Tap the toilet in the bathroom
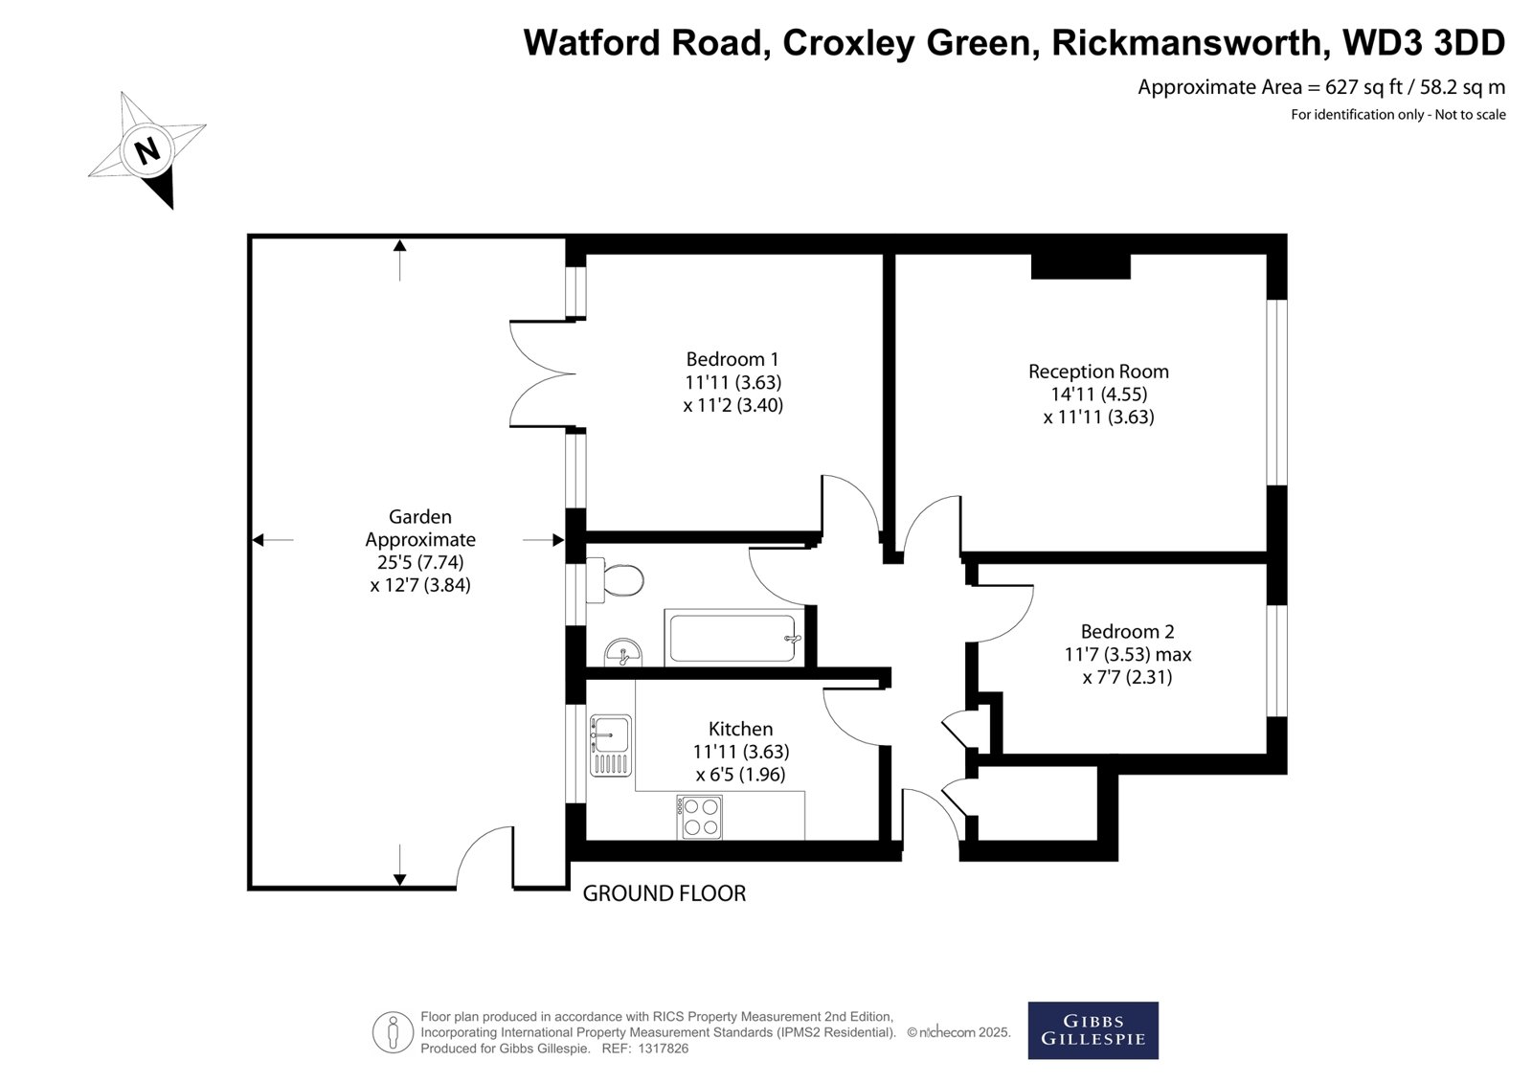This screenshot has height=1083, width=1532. coord(614,579)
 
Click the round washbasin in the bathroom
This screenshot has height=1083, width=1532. coord(623,652)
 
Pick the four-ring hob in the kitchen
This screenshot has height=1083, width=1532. coord(699,817)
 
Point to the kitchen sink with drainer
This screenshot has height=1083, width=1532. coord(610,745)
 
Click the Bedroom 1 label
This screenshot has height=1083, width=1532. coord(732,359)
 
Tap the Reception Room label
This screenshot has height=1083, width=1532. coord(1098,372)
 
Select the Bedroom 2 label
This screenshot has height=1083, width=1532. coord(1127,631)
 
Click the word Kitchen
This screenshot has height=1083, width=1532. coord(740,729)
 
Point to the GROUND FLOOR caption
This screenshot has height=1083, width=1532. coord(664,893)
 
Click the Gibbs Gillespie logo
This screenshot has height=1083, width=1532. coord(1093,1030)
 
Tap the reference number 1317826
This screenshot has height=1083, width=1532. coord(663,1049)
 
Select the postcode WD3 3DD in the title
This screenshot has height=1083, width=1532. coord(1424,42)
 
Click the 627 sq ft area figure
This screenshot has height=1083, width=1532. coord(1363,87)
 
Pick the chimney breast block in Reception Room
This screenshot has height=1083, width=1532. coord(1081,266)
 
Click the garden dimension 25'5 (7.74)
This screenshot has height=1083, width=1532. coord(420,562)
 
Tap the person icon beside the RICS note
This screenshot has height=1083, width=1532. coord(393,1031)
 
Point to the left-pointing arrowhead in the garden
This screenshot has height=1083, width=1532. coord(258,540)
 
